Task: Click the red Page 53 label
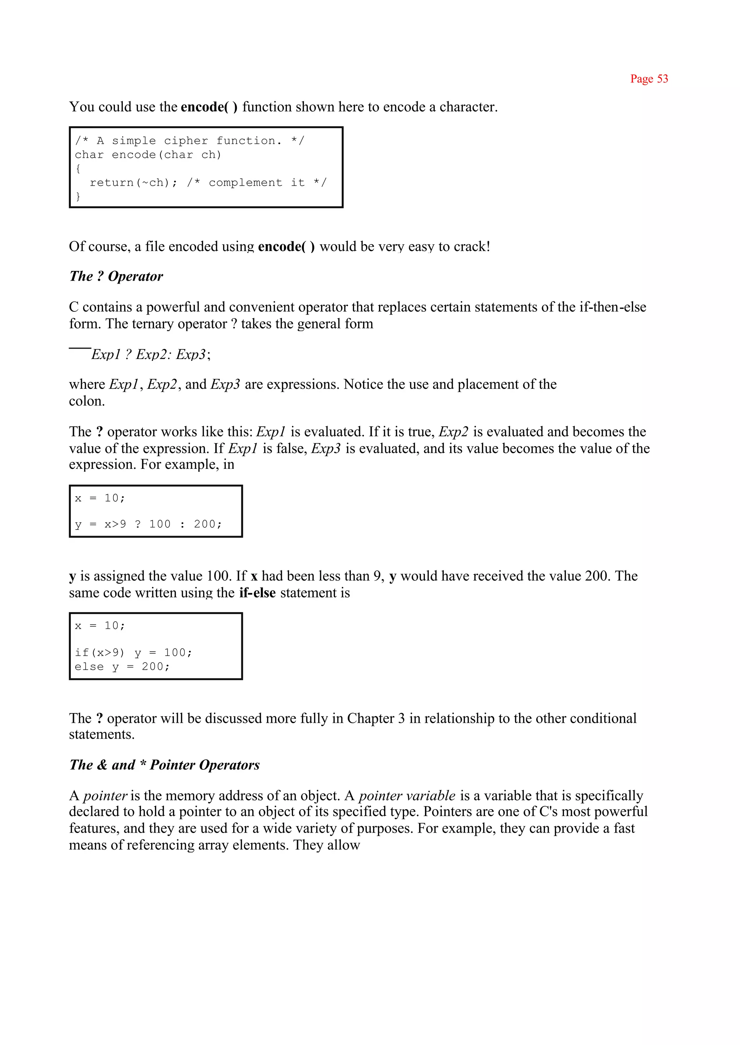point(649,79)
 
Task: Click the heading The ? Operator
point(116,276)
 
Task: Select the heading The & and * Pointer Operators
point(164,764)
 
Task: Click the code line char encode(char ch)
point(148,155)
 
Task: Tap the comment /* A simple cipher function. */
point(190,141)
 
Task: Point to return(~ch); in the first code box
point(133,183)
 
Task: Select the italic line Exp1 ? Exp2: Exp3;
point(151,354)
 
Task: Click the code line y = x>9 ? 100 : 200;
point(148,524)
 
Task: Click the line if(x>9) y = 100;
point(133,652)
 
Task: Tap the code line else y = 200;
point(122,666)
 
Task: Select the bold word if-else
point(258,593)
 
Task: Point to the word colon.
point(87,401)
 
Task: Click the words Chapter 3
point(375,718)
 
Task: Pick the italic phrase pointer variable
point(407,795)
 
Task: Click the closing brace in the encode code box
point(78,197)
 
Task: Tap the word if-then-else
point(612,307)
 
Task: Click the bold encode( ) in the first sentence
point(209,107)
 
